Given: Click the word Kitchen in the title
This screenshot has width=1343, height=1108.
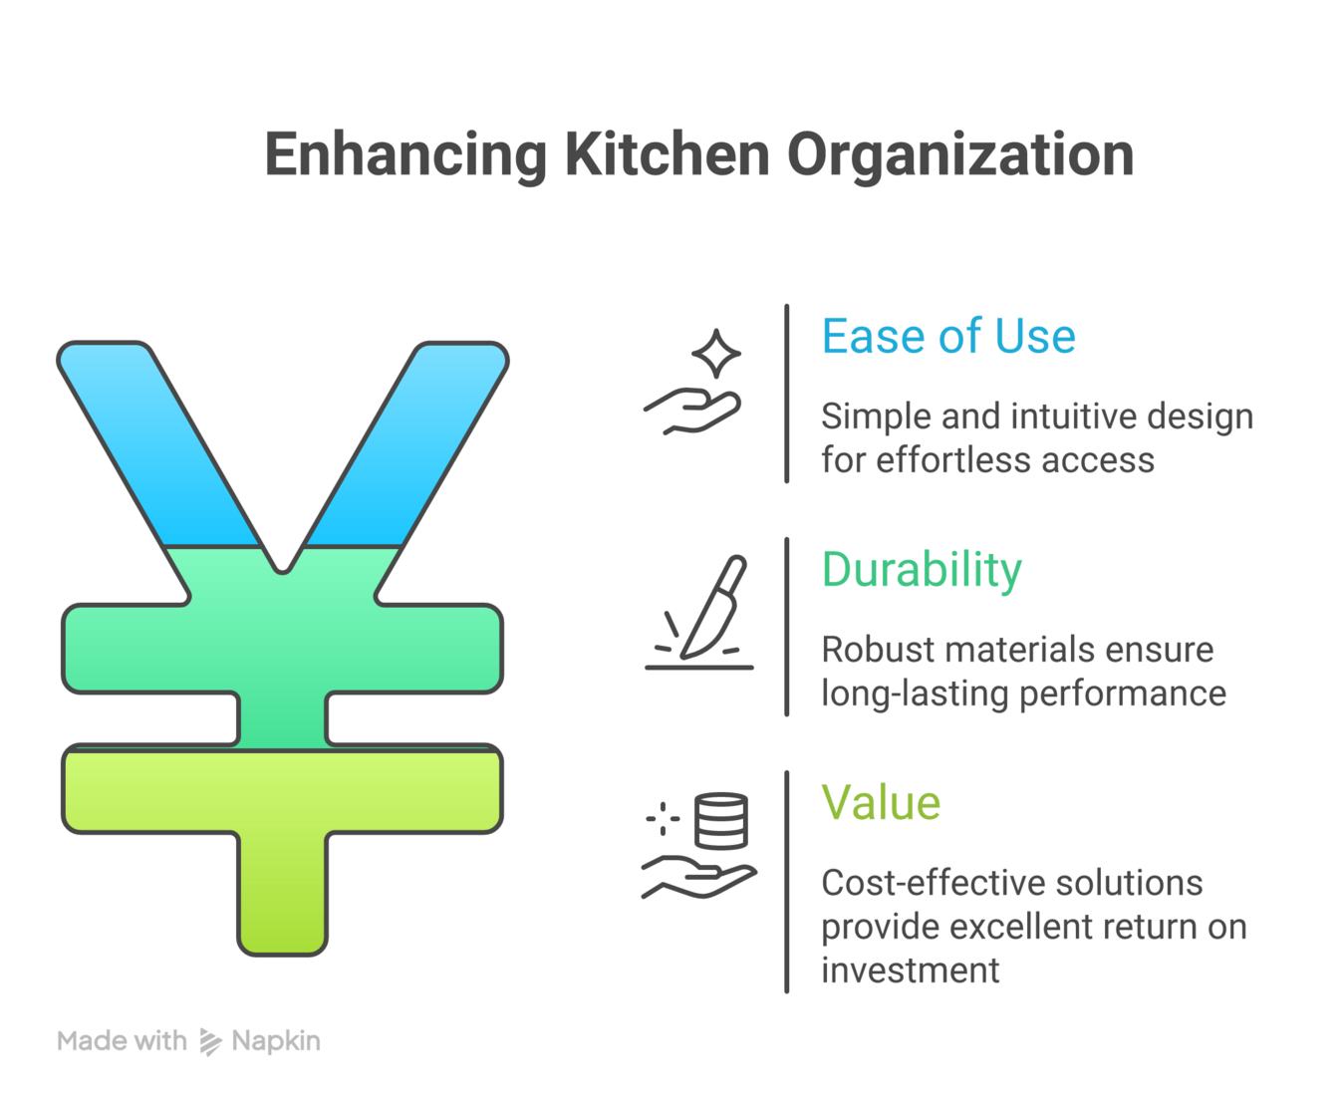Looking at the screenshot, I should click(x=667, y=155).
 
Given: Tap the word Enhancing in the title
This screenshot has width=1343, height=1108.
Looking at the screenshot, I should click(x=404, y=155).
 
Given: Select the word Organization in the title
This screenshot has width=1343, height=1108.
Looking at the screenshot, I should click(x=959, y=155).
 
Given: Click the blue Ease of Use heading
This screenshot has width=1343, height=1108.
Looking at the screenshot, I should click(x=947, y=337).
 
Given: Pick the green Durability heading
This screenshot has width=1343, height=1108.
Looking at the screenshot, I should click(x=922, y=570).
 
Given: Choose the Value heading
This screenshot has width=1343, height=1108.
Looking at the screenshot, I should click(x=881, y=803).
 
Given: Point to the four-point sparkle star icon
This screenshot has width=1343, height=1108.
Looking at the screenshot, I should click(x=716, y=354).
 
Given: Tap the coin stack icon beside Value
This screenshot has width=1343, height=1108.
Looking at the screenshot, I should click(x=720, y=820).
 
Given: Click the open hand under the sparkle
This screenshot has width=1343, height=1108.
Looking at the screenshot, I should click(x=693, y=412).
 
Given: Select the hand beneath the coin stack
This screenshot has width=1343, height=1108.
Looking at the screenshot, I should click(x=696, y=878).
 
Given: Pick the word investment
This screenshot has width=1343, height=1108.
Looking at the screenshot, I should click(x=910, y=970).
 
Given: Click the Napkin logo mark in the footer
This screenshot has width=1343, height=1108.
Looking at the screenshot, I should click(x=210, y=1041).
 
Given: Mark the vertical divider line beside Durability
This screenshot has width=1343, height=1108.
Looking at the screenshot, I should click(x=787, y=627).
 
